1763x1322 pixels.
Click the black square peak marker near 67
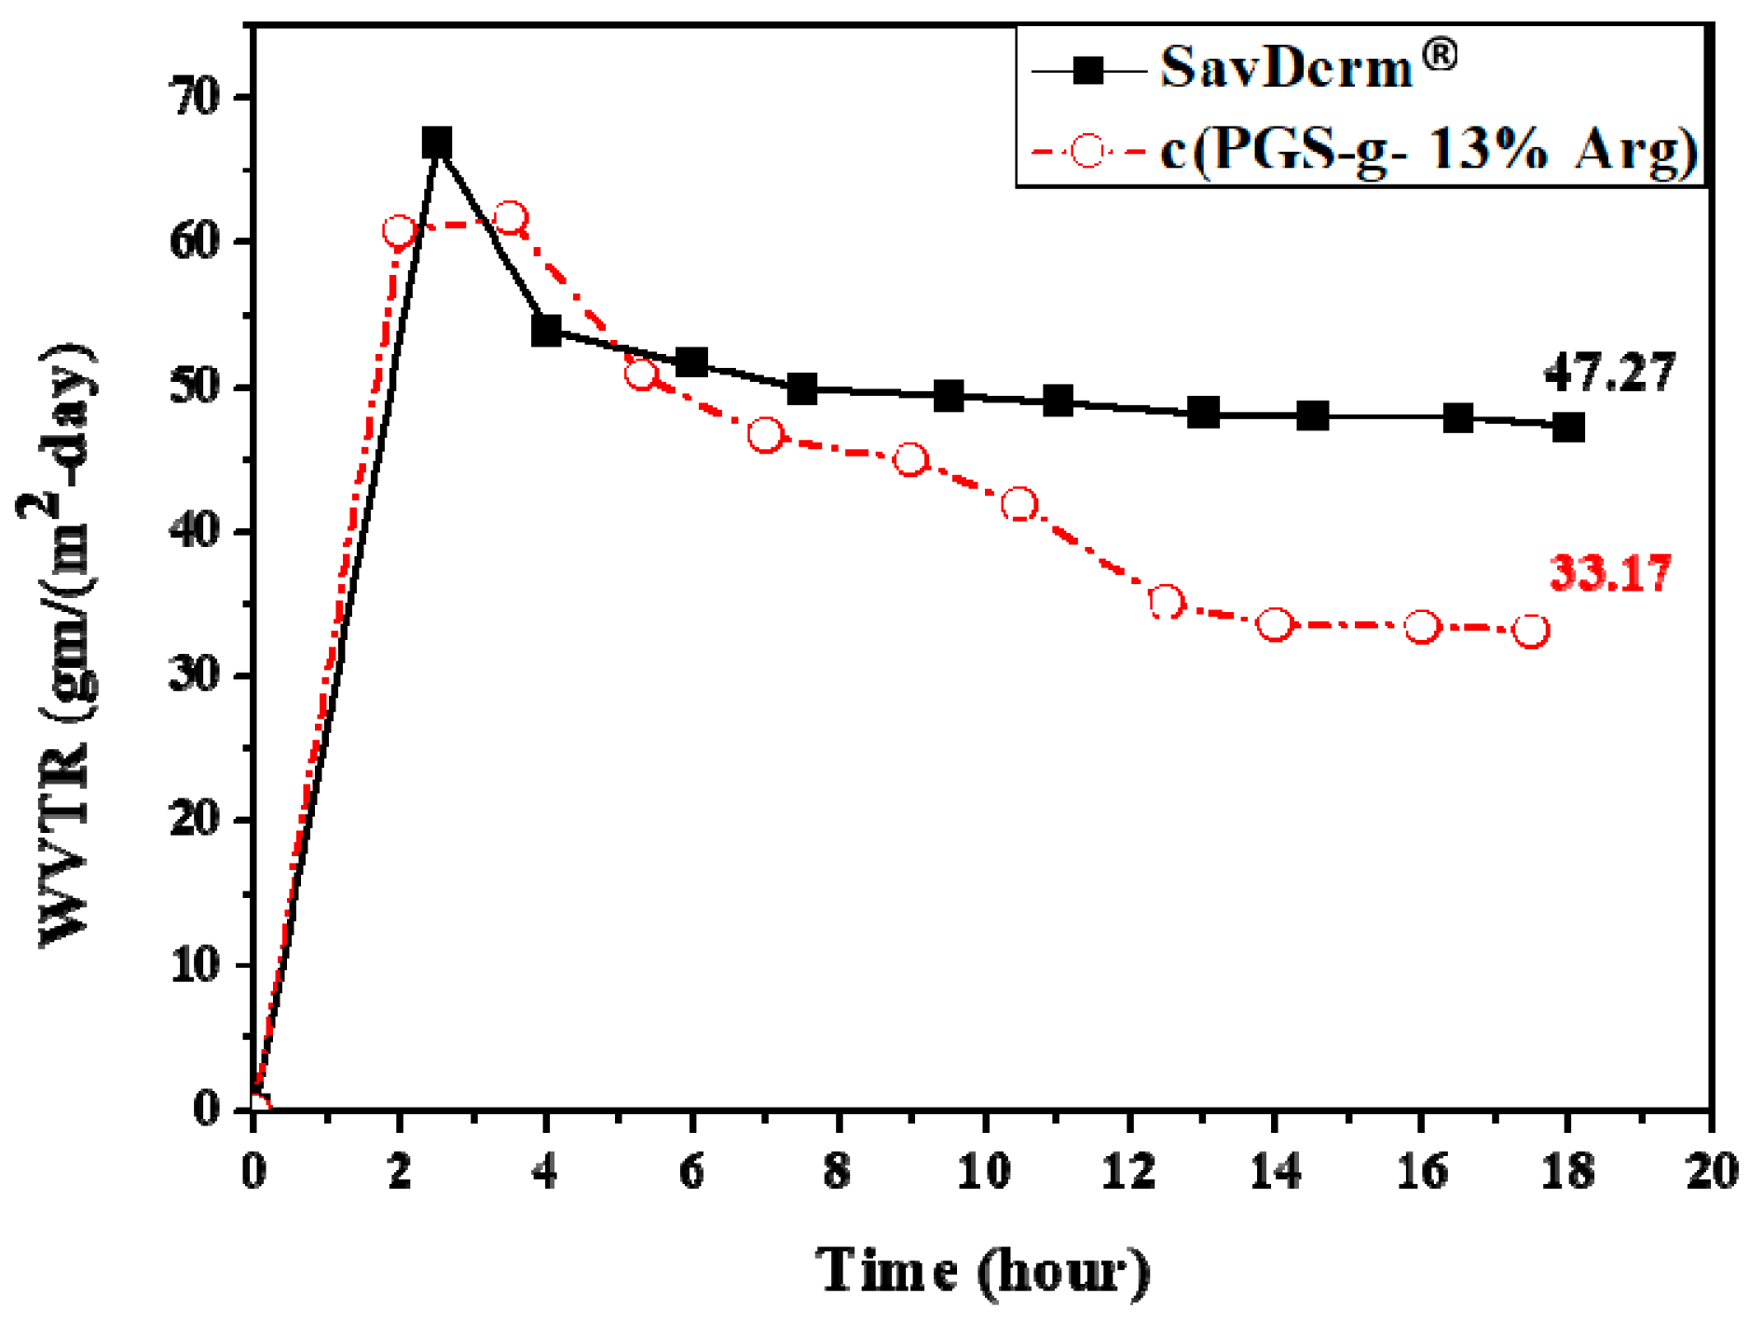coord(437,143)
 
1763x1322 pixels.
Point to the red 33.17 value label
coord(1610,573)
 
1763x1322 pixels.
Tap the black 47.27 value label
coord(1609,373)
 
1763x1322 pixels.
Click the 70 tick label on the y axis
coord(197,97)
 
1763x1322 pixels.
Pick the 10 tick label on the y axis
coord(197,965)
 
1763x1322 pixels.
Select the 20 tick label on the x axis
coord(1712,1170)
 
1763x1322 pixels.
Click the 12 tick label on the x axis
coord(1128,1170)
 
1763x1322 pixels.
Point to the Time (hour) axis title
coord(982,1271)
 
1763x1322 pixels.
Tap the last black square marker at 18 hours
coord(1568,428)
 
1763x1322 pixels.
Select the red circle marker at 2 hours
coord(399,231)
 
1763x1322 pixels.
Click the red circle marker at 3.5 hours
coord(510,219)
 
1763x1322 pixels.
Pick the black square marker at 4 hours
coord(546,331)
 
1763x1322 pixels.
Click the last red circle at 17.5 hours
coord(1531,631)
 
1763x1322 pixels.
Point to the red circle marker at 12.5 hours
coord(1166,603)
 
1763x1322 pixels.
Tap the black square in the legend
coord(1087,70)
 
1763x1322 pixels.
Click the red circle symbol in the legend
coord(1087,150)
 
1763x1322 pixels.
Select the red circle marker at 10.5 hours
coord(1019,505)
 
